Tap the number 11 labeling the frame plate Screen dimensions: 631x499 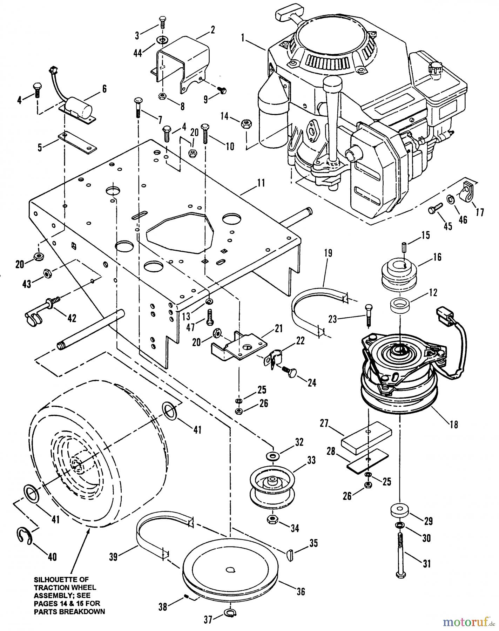click(x=261, y=183)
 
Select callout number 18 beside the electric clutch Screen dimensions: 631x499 click(x=453, y=425)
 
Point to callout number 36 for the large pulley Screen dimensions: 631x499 click(x=301, y=591)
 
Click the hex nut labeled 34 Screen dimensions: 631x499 click(x=272, y=520)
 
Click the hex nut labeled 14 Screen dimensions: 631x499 click(x=245, y=123)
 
